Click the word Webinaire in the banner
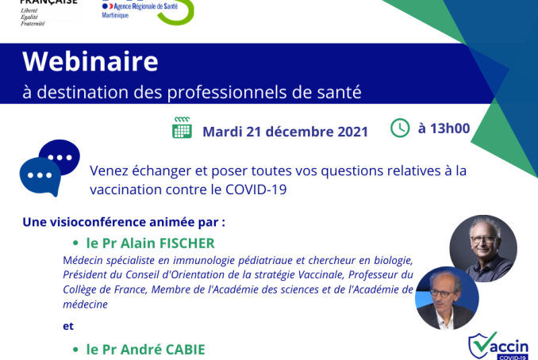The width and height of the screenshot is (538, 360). (x=90, y=61)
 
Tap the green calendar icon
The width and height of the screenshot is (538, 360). (x=182, y=128)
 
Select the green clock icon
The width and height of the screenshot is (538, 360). (x=400, y=128)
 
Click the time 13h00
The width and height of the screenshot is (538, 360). (x=450, y=128)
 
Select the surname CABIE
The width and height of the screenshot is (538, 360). (x=185, y=350)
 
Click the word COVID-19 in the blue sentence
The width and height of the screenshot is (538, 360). (x=256, y=190)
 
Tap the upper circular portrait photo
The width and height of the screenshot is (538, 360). (x=483, y=248)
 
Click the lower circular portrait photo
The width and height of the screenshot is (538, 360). (x=447, y=298)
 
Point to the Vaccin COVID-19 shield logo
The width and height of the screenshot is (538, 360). (x=498, y=347)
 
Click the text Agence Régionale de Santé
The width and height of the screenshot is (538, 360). (x=145, y=6)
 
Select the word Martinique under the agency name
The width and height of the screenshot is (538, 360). (x=115, y=15)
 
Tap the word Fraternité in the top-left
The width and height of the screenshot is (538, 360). (x=33, y=24)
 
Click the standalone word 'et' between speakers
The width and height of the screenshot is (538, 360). (x=68, y=326)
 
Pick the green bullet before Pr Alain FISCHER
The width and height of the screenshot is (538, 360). (x=75, y=243)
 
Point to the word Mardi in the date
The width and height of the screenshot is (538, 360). (x=222, y=132)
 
